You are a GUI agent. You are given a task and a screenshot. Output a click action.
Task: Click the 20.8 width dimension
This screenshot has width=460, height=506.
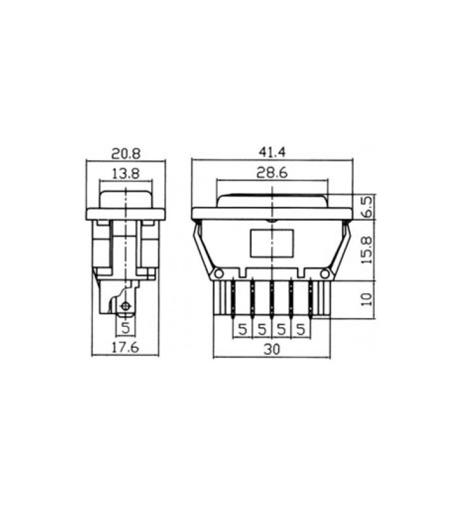(126, 154)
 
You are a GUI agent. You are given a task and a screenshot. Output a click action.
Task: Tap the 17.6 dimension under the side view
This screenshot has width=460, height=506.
(125, 347)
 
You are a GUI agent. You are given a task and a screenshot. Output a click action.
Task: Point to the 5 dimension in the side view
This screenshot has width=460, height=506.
(125, 328)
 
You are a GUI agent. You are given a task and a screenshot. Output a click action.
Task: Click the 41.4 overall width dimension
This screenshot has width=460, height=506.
(272, 152)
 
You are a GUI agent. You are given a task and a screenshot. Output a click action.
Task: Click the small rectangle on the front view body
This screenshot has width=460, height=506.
(271, 244)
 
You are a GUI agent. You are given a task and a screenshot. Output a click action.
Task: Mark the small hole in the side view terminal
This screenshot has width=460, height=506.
(126, 306)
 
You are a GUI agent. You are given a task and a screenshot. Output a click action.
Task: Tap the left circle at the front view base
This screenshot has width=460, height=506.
(219, 274)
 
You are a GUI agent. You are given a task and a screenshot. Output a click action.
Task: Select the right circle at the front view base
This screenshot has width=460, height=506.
(324, 274)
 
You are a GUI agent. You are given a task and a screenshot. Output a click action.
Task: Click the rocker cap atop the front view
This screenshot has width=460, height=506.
(272, 201)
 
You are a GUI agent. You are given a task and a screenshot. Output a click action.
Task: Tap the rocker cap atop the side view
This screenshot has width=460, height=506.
(126, 197)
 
